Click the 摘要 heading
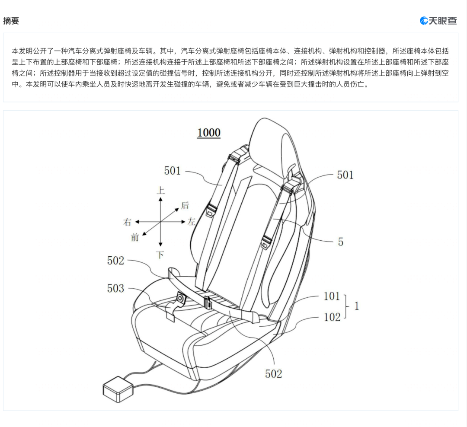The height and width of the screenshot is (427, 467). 11,21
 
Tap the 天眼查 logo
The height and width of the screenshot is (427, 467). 438,21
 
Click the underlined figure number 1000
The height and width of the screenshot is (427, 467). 209,133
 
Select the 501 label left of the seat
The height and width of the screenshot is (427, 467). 173,171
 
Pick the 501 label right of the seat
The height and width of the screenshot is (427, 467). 345,175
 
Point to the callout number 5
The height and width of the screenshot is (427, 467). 341,242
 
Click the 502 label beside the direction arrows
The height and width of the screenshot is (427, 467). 115,261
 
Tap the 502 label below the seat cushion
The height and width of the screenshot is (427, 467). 273,374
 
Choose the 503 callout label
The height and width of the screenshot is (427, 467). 115,288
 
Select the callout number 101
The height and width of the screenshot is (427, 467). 332,296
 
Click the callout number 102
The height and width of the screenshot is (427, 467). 332,317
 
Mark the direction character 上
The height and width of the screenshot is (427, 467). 160,190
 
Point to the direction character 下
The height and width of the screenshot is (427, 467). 160,255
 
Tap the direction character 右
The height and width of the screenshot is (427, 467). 128,222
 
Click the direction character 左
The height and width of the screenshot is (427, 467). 192,222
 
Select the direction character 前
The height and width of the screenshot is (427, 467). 135,237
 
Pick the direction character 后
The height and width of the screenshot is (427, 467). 185,205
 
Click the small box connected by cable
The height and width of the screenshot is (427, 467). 118,389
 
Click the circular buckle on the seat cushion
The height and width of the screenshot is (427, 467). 180,298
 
